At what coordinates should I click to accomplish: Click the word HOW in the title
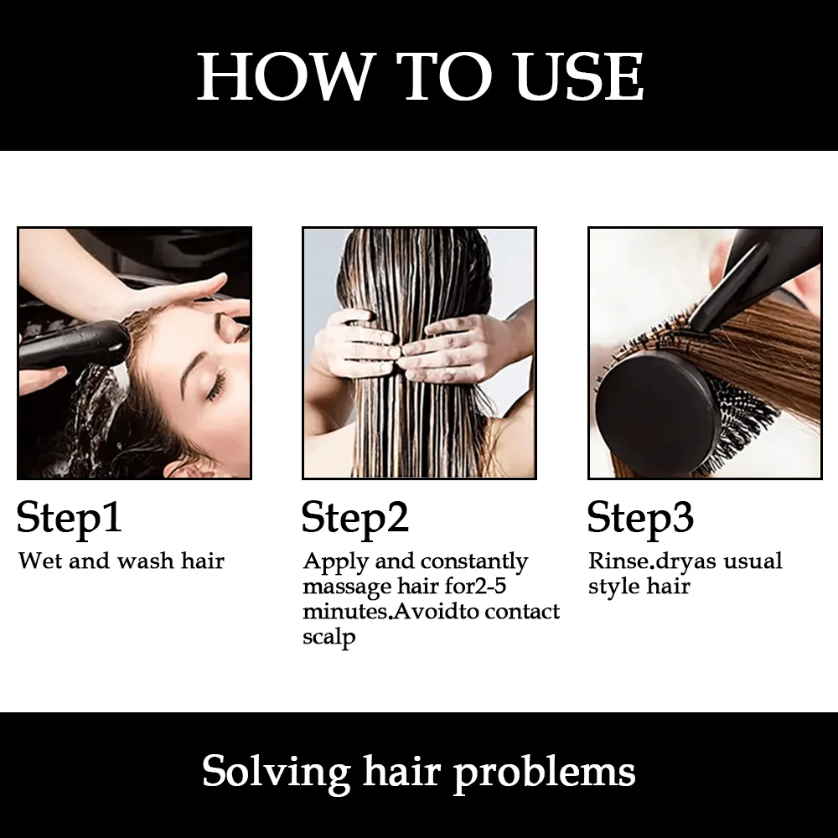[284, 75]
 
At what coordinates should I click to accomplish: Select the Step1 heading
[69, 518]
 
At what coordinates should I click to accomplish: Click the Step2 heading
[354, 518]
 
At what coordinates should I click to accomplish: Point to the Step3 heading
[640, 518]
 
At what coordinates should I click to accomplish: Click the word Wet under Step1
[40, 561]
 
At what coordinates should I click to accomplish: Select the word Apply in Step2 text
[336, 562]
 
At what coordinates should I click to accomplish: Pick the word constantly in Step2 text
[474, 562]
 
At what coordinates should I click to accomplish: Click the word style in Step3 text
[614, 587]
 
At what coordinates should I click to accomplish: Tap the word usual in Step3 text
[753, 561]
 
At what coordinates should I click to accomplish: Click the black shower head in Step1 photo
[75, 344]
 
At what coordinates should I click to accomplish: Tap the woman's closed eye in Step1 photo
[218, 386]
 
